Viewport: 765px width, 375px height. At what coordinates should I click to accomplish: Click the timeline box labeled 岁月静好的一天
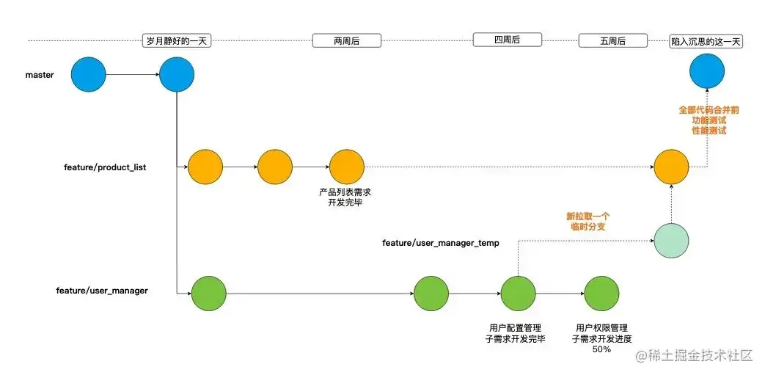pyautogui.click(x=177, y=41)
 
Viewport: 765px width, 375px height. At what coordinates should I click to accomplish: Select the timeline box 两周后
pyautogui.click(x=346, y=41)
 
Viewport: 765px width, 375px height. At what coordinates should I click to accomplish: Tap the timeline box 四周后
pyautogui.click(x=506, y=40)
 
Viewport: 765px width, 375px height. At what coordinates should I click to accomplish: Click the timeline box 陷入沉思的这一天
pyautogui.click(x=707, y=41)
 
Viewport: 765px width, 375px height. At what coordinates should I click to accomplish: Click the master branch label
pyautogui.click(x=40, y=75)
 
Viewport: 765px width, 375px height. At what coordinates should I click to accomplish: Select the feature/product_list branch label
pyautogui.click(x=105, y=167)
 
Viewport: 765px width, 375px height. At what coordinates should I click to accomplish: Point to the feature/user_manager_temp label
pyautogui.click(x=440, y=241)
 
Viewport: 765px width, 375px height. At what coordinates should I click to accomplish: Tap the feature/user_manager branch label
pyautogui.click(x=102, y=291)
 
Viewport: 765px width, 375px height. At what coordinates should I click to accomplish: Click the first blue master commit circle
pyautogui.click(x=89, y=74)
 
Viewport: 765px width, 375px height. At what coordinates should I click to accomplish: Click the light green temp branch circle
pyautogui.click(x=671, y=240)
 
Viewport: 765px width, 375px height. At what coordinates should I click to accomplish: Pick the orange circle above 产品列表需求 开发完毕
pyautogui.click(x=346, y=167)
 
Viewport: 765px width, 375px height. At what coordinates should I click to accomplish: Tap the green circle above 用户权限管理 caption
pyautogui.click(x=602, y=294)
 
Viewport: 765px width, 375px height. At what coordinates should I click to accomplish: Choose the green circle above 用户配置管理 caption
pyautogui.click(x=518, y=294)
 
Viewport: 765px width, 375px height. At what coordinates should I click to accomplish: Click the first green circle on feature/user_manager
pyautogui.click(x=209, y=294)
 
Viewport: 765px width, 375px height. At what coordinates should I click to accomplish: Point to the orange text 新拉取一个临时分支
pyautogui.click(x=588, y=222)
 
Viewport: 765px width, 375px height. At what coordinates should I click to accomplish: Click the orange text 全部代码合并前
pyautogui.click(x=709, y=109)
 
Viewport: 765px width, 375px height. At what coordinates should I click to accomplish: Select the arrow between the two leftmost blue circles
pyautogui.click(x=132, y=74)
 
